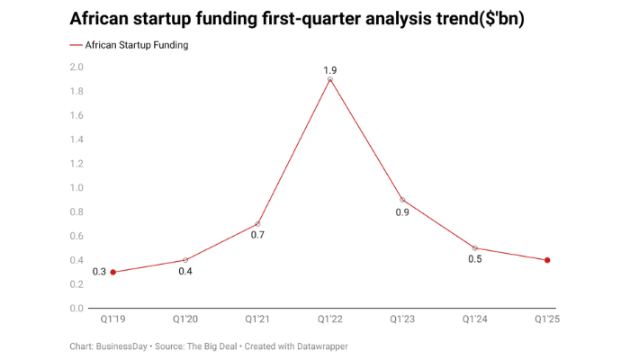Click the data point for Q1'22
pyautogui.click(x=330, y=79)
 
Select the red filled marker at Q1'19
pyautogui.click(x=112, y=272)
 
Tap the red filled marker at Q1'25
pyautogui.click(x=547, y=260)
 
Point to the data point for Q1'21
pyautogui.click(x=257, y=223)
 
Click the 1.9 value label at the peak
pyautogui.click(x=330, y=68)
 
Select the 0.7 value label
pyautogui.click(x=257, y=235)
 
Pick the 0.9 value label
pyautogui.click(x=402, y=212)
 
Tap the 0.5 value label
pyautogui.click(x=474, y=259)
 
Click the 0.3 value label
pyautogui.click(x=98, y=272)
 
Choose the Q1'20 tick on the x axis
pyautogui.click(x=185, y=319)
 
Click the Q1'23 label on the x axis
pyautogui.click(x=402, y=319)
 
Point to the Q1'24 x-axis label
pyautogui.click(x=474, y=319)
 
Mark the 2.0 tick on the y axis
pyautogui.click(x=76, y=67)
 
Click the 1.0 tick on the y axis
pyautogui.click(x=76, y=187)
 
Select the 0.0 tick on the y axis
pyautogui.click(x=76, y=308)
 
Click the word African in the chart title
pyautogui.click(x=102, y=19)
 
